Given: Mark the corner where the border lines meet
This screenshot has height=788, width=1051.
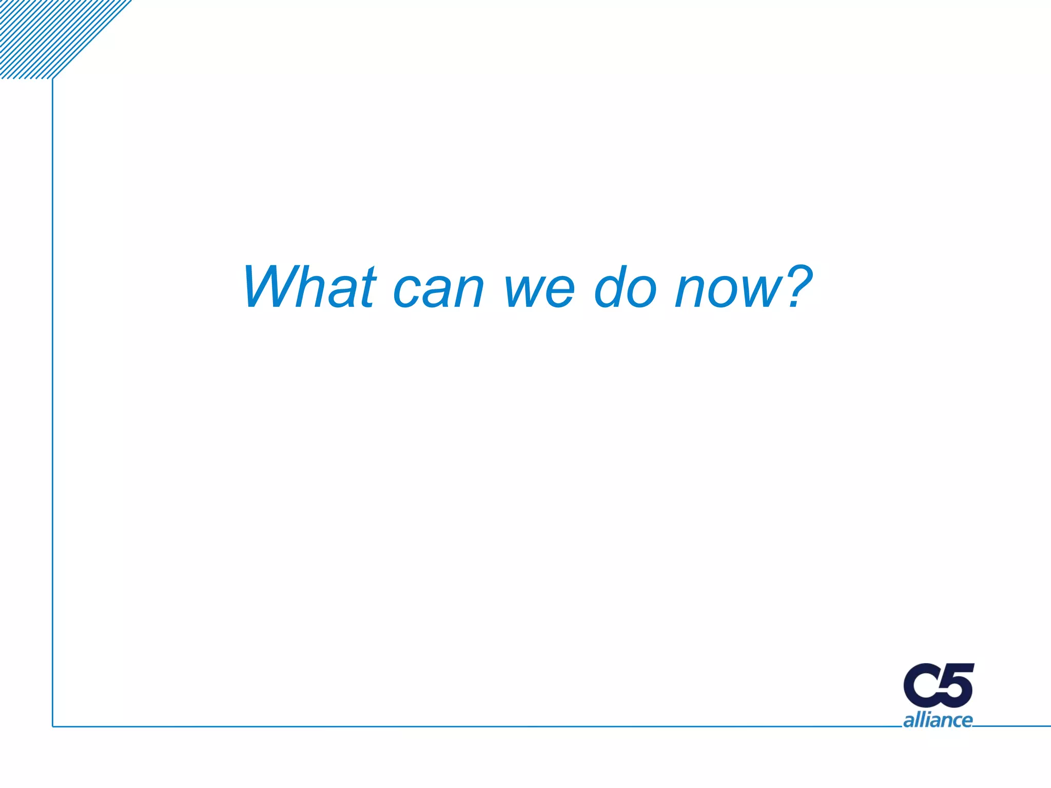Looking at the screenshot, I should click(53, 726).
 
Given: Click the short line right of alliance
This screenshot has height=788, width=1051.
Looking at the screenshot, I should click(1011, 726).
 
